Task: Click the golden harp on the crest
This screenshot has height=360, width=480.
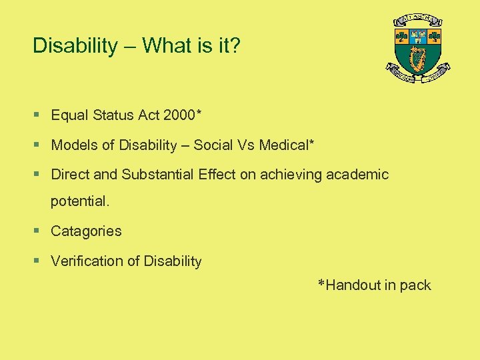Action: (418, 61)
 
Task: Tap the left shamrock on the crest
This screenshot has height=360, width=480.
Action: (401, 37)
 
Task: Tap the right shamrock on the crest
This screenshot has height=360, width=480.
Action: (435, 37)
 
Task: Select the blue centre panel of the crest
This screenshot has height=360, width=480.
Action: (418, 36)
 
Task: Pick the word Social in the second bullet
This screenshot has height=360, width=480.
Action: (215, 145)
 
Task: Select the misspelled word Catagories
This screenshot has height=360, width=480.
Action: (86, 231)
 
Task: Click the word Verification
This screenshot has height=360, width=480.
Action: (84, 261)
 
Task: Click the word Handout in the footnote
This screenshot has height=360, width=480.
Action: (353, 285)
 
